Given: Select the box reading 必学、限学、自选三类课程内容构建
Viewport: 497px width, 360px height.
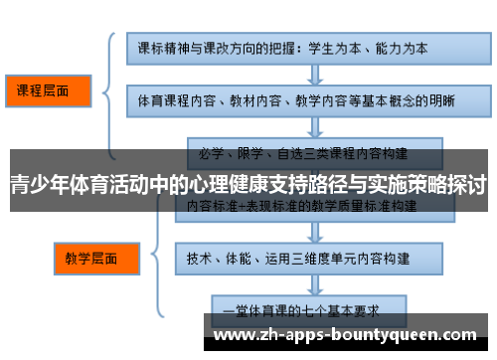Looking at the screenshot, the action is click(303, 153).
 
